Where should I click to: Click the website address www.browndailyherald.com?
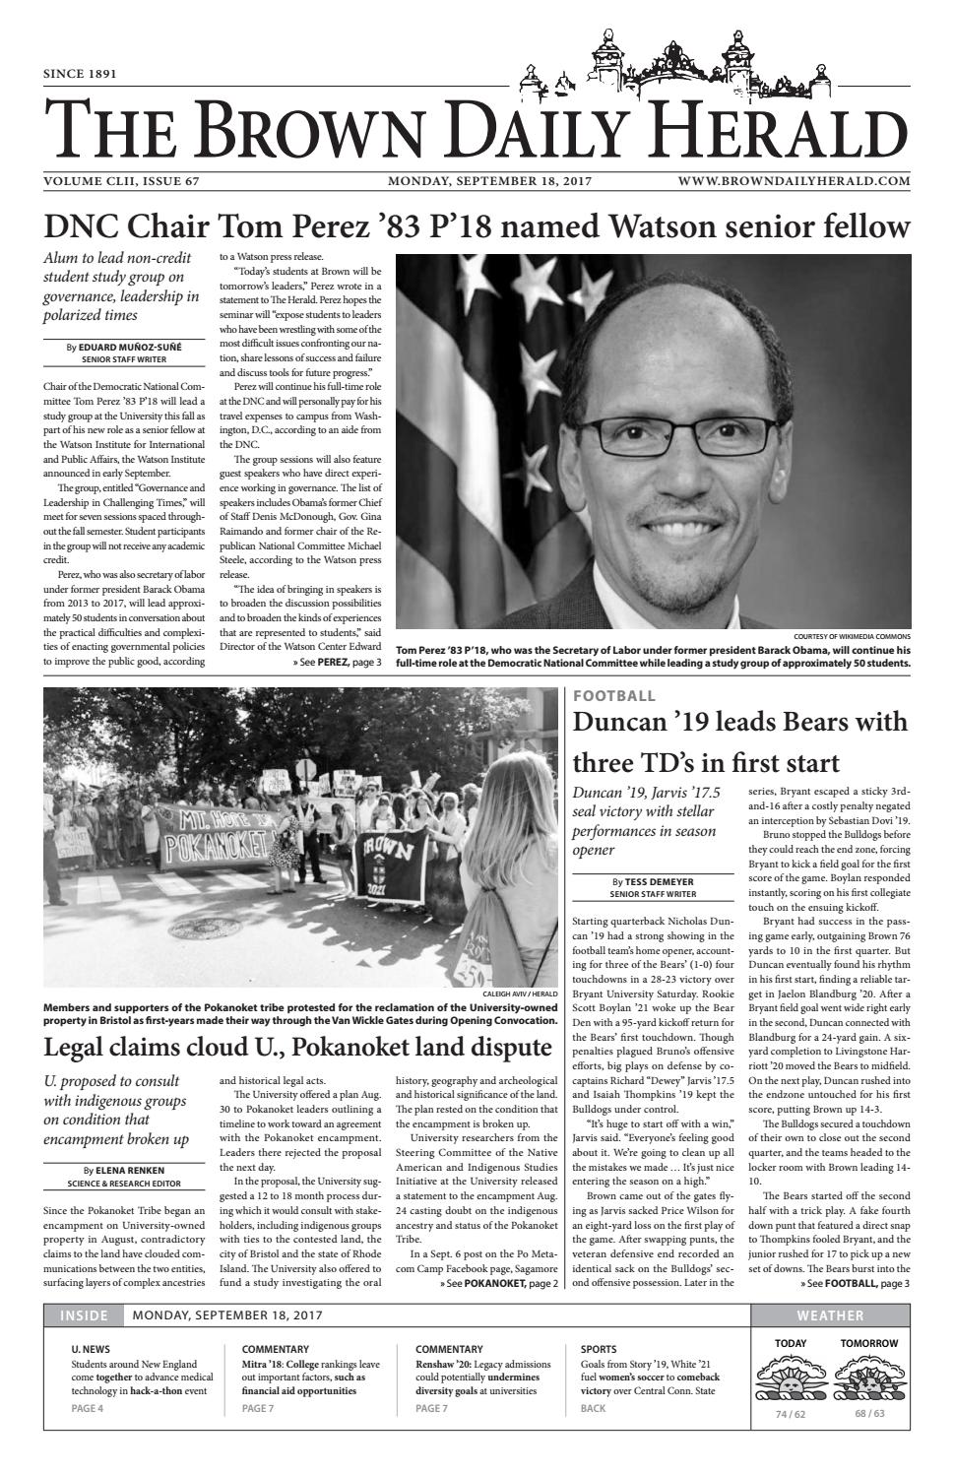point(794,181)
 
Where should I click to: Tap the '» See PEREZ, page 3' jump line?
point(336,664)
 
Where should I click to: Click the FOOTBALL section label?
point(614,696)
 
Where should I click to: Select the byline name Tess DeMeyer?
point(660,882)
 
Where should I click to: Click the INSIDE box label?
point(84,1315)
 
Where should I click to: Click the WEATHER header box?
point(830,1315)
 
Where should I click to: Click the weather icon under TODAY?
point(790,1381)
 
